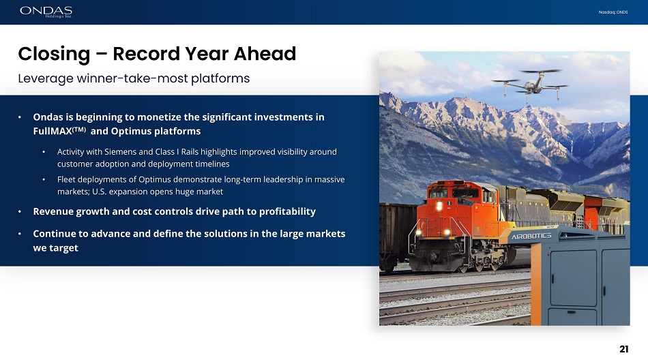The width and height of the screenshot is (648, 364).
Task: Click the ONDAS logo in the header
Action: (x=46, y=12)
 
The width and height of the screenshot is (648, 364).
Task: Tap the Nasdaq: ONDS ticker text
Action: (x=613, y=12)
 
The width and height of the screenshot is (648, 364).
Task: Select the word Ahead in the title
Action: (x=265, y=54)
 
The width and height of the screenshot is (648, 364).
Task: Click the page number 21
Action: (x=623, y=349)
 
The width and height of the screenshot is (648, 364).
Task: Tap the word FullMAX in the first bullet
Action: (x=53, y=132)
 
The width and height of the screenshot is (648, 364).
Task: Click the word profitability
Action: (x=287, y=211)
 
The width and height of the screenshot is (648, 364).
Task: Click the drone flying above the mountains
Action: (x=530, y=85)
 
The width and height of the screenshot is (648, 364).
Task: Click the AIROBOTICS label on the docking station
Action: (x=531, y=236)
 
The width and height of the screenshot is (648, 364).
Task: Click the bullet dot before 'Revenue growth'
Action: (x=19, y=211)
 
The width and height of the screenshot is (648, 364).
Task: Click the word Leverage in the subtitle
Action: (x=46, y=78)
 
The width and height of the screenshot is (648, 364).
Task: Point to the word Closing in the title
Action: (x=54, y=54)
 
